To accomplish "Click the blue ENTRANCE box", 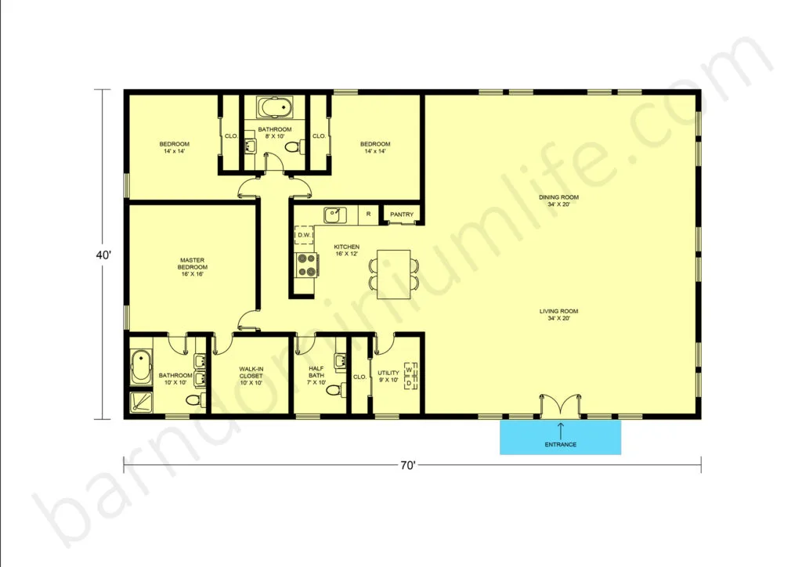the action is click(560, 437).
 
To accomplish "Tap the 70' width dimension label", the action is click(407, 465).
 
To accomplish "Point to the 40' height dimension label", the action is click(103, 255).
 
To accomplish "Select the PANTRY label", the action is click(402, 215).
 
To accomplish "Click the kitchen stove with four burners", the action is click(306, 265).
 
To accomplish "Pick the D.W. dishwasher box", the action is click(305, 235).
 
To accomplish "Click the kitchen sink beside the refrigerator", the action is click(335, 215).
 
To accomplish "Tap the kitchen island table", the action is click(393, 274).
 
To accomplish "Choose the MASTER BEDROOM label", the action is click(193, 267).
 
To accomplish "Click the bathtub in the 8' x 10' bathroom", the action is click(275, 108).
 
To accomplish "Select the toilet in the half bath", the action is click(334, 390).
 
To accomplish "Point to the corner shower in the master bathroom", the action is click(141, 402).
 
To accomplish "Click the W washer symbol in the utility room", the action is click(409, 369).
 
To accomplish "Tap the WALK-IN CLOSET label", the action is click(251, 376).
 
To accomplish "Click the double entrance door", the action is click(561, 404).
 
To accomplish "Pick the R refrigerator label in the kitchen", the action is click(368, 214).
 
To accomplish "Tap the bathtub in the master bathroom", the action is click(141, 367).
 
